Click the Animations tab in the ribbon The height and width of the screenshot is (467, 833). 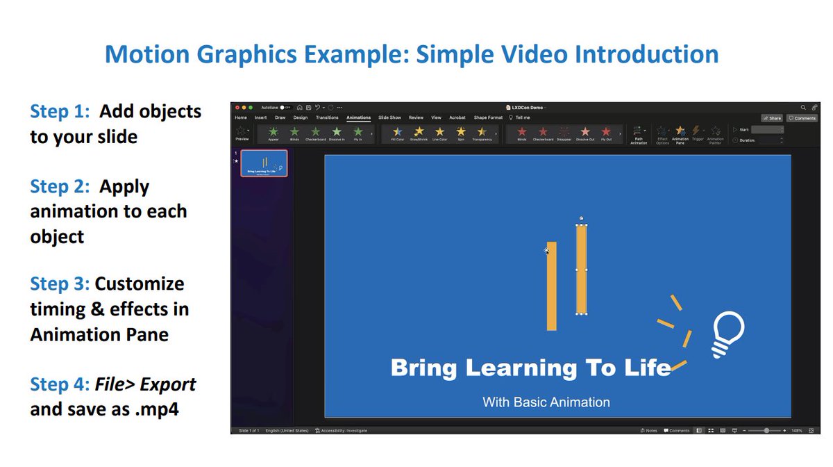[359, 117]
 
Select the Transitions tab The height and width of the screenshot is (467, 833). [327, 117]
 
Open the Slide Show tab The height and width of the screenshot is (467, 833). [389, 117]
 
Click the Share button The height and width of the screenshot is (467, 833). [771, 118]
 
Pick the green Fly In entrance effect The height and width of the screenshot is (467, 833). [358, 133]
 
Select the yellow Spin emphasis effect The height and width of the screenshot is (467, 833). [461, 133]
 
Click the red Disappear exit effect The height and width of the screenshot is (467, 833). [564, 133]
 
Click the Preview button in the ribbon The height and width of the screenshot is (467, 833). [242, 133]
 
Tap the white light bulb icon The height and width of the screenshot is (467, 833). [727, 334]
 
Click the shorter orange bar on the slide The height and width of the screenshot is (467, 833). [551, 286]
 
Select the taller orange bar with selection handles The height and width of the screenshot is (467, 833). [582, 269]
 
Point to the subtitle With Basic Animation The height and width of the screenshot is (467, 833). [546, 402]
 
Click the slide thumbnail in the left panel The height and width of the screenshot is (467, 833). [264, 163]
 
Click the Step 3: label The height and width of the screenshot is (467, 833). [60, 284]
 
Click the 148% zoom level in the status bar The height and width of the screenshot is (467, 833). [796, 431]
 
